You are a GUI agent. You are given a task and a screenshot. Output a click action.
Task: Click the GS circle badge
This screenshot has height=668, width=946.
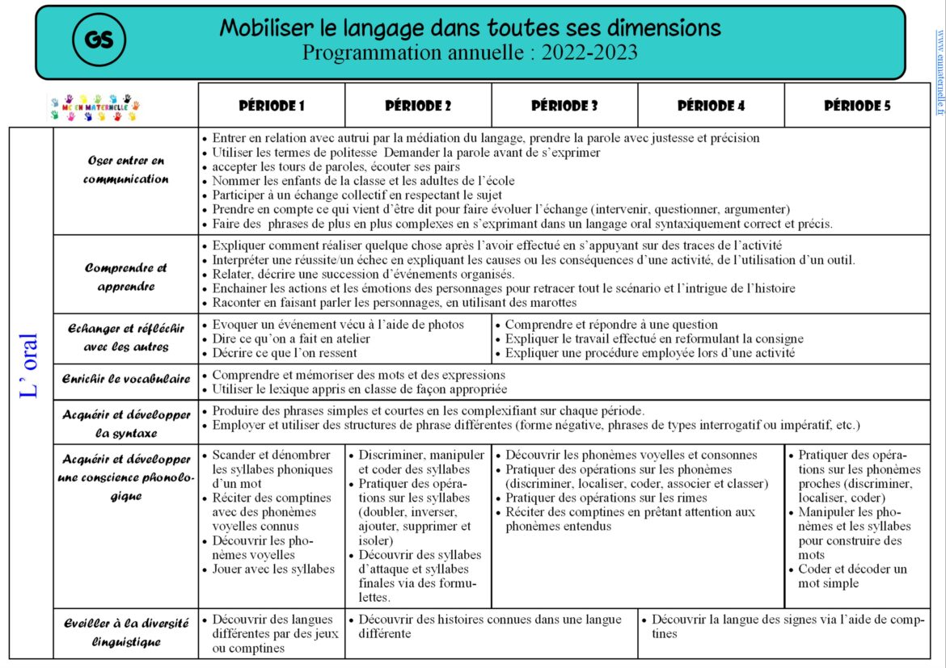pos(99,41)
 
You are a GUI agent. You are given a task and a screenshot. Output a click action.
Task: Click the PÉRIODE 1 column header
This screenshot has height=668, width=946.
pos(272,106)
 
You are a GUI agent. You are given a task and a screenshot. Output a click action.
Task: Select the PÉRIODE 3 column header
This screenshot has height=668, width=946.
pos(564,106)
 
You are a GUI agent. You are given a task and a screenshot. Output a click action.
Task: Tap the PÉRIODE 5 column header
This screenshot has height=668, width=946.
pos(857,106)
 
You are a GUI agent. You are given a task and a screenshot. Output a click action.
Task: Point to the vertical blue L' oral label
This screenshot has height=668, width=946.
pos(30,365)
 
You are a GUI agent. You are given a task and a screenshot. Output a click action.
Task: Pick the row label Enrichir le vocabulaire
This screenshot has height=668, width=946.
pos(125,379)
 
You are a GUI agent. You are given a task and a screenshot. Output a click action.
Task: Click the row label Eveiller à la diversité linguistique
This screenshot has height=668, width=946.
pos(125,632)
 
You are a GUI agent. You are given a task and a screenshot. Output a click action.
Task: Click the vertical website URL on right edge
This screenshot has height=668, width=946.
pos(940,73)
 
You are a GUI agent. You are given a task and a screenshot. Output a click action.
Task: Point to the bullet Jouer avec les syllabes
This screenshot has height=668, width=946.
pos(272,569)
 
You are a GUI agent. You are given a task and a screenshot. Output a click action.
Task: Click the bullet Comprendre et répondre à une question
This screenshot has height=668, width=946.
pos(611,325)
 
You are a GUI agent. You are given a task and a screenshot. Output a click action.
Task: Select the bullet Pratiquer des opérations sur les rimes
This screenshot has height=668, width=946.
pos(606,498)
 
